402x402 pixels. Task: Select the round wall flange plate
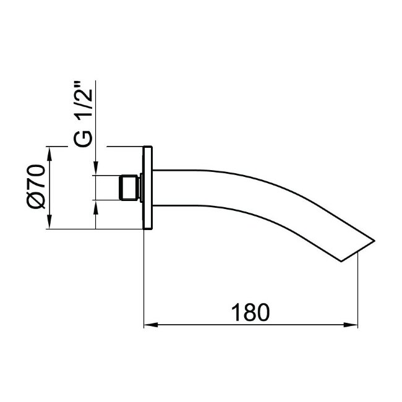point(148,188)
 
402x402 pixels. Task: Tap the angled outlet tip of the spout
point(359,247)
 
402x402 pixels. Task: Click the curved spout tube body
point(247,192)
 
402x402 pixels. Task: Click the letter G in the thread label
point(85,139)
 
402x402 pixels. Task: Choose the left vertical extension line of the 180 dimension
point(144,278)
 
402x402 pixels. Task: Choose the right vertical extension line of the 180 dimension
point(358,291)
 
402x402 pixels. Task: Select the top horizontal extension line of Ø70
point(93,147)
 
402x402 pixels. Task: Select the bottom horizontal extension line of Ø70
point(93,230)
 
